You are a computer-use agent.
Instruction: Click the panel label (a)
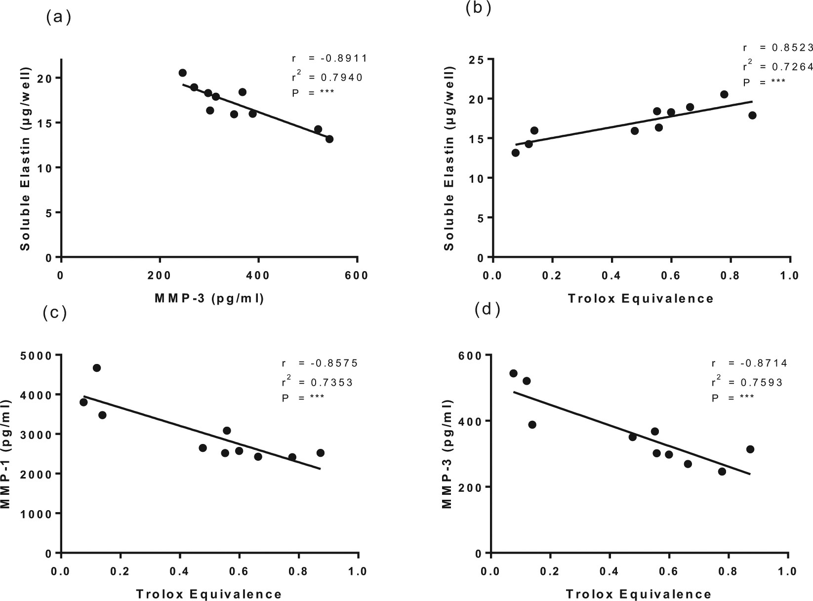pos(58,18)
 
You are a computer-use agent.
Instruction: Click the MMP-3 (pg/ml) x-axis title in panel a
pos(209,298)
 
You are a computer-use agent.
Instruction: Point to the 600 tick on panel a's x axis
pos(357,276)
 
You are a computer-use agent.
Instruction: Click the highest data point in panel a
pos(182,73)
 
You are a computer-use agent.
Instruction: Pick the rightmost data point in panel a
pos(329,139)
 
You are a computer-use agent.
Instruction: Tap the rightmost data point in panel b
pos(752,115)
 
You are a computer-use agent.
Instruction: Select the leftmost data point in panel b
pos(515,153)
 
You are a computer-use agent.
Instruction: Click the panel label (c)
pos(55,313)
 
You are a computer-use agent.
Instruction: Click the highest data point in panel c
pos(97,368)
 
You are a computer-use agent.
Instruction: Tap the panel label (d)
pos(487,310)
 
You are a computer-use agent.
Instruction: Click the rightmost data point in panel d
pos(750,449)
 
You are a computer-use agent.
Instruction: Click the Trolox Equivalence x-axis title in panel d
pos(638,594)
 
